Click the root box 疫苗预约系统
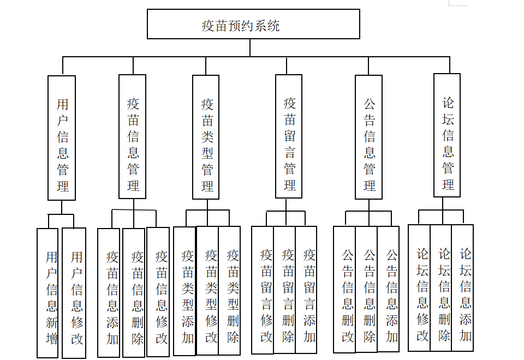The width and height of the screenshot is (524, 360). coord(253,25)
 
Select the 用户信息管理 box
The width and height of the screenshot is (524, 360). coord(62,137)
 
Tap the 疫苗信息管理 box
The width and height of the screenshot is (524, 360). coord(133,136)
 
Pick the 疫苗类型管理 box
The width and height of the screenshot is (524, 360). coord(206,136)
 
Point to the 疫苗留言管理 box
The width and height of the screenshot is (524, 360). coord(289,136)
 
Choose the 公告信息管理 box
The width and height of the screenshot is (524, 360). coord(368,137)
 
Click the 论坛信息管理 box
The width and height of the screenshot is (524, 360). coord(447,135)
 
